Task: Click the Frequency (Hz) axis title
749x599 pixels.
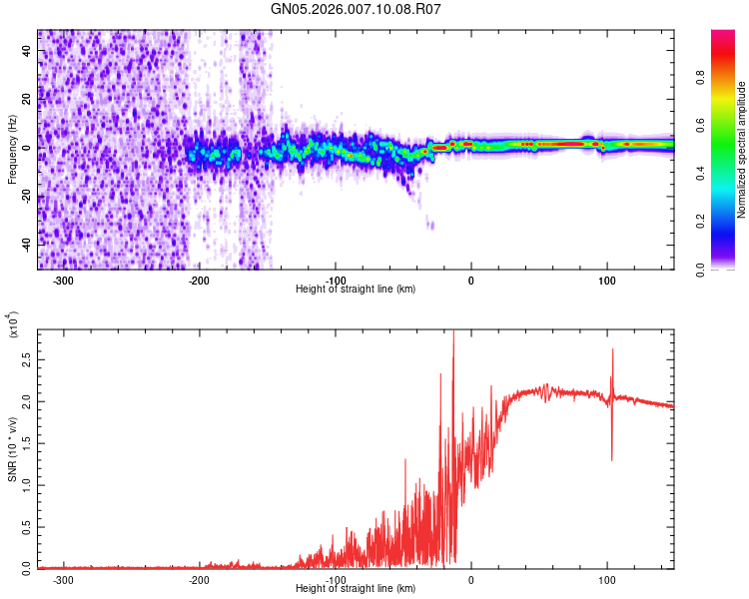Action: click(12, 150)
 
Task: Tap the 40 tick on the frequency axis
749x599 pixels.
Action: click(27, 52)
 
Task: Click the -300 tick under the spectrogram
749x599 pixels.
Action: click(63, 280)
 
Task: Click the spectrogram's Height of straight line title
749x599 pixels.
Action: click(357, 290)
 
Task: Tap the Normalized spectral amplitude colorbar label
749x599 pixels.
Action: click(741, 150)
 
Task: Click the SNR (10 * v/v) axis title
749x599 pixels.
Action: click(12, 449)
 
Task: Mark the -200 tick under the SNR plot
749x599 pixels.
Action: click(199, 579)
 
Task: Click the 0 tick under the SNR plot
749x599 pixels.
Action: click(471, 579)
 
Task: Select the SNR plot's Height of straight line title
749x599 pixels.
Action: click(357, 589)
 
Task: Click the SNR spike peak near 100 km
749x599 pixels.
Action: click(612, 349)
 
